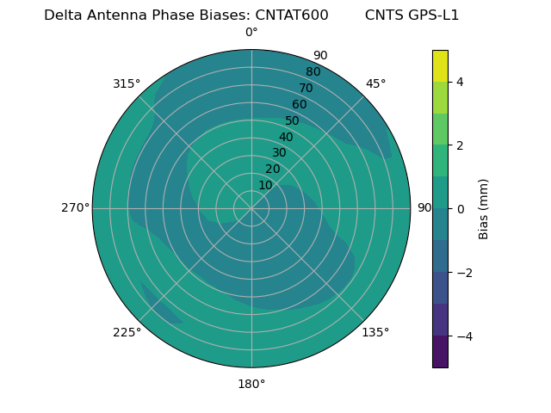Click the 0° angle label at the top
pyautogui.click(x=251, y=33)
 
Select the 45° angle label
pyautogui.click(x=375, y=83)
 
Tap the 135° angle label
pyautogui.click(x=375, y=332)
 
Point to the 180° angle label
pyautogui.click(x=251, y=384)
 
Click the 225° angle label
pyautogui.click(x=127, y=332)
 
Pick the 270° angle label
pyautogui.click(x=75, y=208)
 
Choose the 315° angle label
pyautogui.click(x=127, y=83)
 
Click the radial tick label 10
pyautogui.click(x=265, y=185)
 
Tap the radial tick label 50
pyautogui.click(x=293, y=121)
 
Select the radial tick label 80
pyautogui.click(x=313, y=72)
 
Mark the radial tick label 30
pyautogui.click(x=279, y=153)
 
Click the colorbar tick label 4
pyautogui.click(x=460, y=82)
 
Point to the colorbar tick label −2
pyautogui.click(x=462, y=273)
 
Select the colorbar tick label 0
pyautogui.click(x=460, y=209)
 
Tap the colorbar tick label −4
pyautogui.click(x=462, y=336)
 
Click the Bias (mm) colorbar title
pyautogui.click(x=484, y=208)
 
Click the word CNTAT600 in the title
pyautogui.click(x=292, y=15)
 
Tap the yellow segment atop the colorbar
pyautogui.click(x=440, y=65)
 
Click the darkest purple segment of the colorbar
pyautogui.click(x=440, y=352)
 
